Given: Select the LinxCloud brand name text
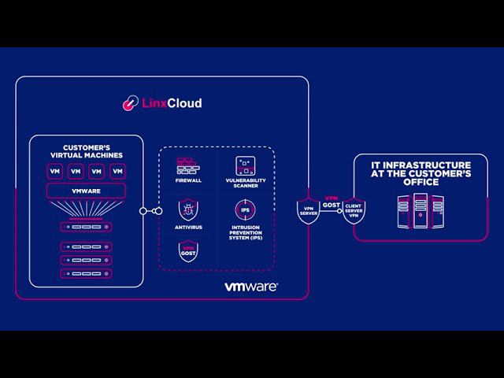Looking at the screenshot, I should [x=171, y=103].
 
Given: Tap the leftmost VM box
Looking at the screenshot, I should [x=55, y=171].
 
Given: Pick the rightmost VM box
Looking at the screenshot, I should [x=117, y=171].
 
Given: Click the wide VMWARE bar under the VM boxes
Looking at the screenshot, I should [x=86, y=191].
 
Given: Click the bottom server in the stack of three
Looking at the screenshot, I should [x=86, y=273].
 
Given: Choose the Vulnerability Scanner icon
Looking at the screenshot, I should [x=245, y=165].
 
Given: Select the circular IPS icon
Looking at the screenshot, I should [x=245, y=210].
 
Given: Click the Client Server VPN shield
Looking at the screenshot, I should [x=353, y=210].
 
